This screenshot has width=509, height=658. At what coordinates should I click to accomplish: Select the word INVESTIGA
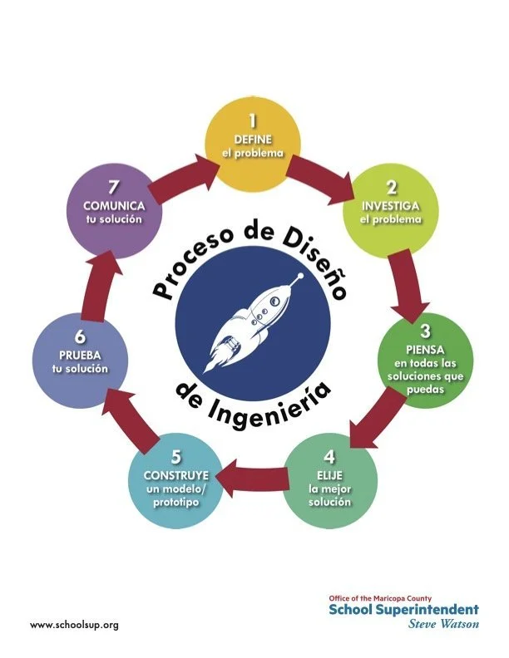(390, 205)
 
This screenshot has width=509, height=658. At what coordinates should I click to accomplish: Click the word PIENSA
(424, 348)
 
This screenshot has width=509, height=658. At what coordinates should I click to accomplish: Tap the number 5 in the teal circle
(175, 457)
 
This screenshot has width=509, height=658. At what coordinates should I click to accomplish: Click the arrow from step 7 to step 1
(187, 171)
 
